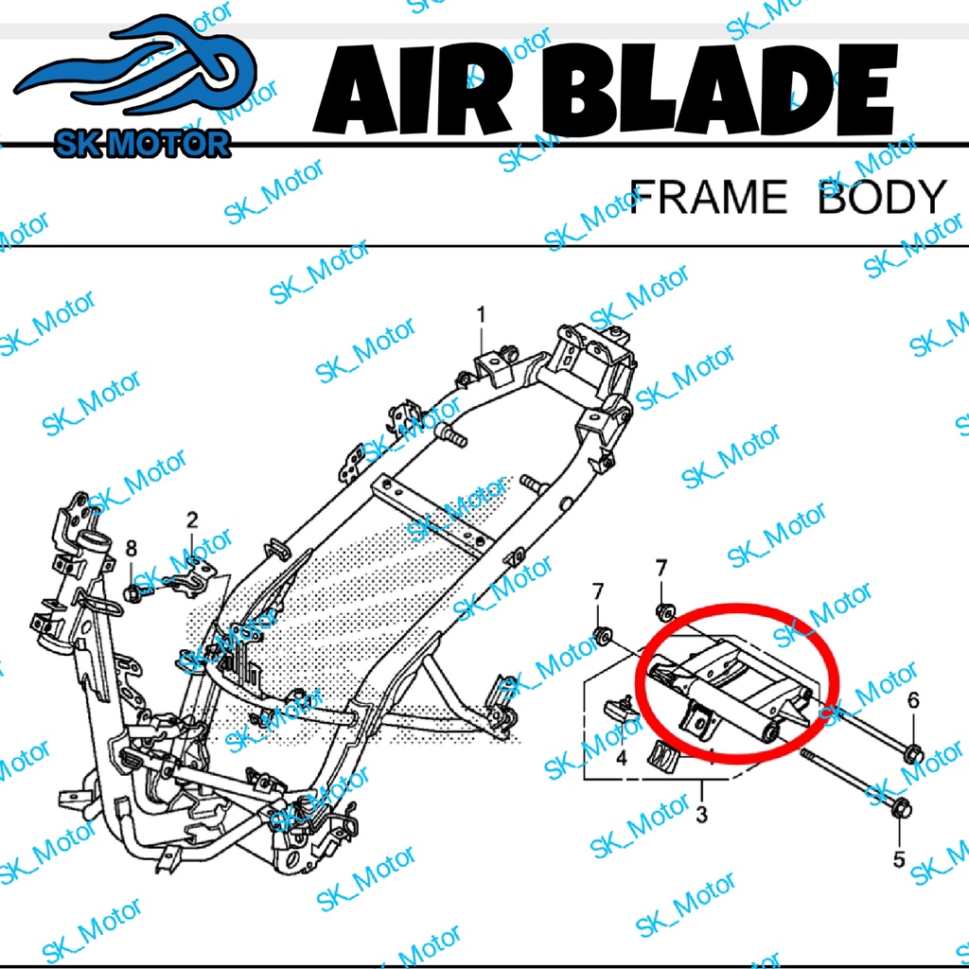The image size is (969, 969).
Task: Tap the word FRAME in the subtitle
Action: [707, 197]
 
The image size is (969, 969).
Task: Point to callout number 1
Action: [481, 314]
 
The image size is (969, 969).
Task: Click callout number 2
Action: [192, 519]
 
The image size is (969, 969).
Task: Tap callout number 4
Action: [622, 759]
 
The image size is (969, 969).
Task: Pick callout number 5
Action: [899, 860]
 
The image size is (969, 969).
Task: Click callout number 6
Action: [913, 700]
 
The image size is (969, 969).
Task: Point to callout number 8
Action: [132, 547]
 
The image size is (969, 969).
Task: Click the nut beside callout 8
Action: [132, 594]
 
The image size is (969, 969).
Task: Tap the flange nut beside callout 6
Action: [914, 754]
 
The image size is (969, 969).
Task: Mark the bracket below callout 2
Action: [192, 578]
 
